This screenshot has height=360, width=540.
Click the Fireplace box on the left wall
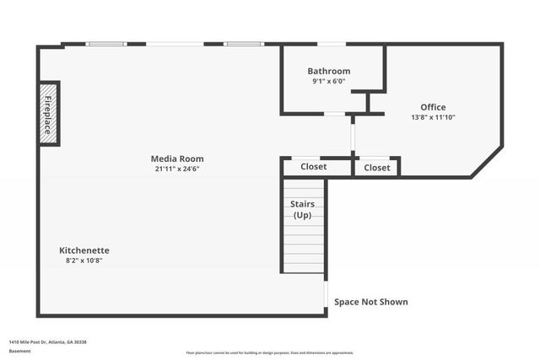[49, 113]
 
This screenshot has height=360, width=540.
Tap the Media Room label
[177, 159]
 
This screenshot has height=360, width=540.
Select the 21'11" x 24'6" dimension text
[177, 169]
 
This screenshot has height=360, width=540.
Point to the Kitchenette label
[84, 250]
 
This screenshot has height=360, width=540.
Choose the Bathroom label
[329, 71]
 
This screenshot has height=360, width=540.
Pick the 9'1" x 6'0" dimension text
[329, 82]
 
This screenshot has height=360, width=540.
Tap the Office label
[433, 107]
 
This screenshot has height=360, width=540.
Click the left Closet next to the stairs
[314, 167]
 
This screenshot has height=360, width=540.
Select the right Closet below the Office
[377, 168]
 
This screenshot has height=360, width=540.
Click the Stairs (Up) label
[303, 210]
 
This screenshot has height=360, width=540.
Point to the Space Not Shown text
[370, 302]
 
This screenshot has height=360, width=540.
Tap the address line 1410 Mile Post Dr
[48, 342]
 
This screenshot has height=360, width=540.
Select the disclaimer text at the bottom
[270, 353]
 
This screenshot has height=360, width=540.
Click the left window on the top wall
[108, 44]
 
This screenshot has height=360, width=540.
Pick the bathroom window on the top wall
[331, 44]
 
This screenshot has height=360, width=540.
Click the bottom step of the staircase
[304, 268]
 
